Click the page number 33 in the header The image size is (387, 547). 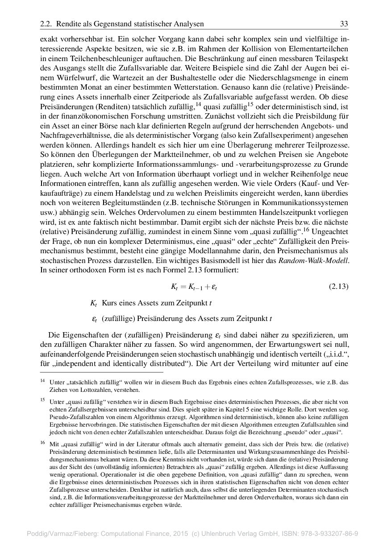[344, 24]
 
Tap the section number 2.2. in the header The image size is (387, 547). [46, 24]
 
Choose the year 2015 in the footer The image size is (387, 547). [179, 533]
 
